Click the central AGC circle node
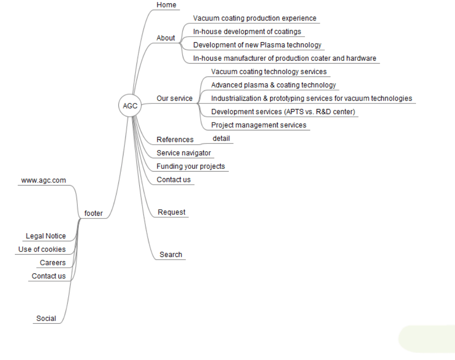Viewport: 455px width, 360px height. click(x=130, y=106)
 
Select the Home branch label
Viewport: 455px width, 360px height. click(x=166, y=5)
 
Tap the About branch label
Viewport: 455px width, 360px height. click(x=166, y=38)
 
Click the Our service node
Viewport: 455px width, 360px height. click(x=175, y=98)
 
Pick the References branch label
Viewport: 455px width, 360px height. click(x=175, y=140)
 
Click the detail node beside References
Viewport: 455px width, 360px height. click(x=221, y=139)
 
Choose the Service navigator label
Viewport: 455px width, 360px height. click(x=184, y=153)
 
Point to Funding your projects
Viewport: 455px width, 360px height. click(x=191, y=167)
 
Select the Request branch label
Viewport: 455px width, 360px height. click(x=171, y=212)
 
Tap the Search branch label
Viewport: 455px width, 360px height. click(x=171, y=255)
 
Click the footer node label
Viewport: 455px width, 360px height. click(x=93, y=213)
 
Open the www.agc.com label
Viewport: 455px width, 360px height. click(x=44, y=180)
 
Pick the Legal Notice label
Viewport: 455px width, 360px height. click(x=46, y=236)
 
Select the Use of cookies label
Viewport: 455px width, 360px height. click(x=42, y=249)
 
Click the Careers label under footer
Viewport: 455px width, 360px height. click(x=53, y=263)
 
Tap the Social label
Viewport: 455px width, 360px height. click(x=46, y=319)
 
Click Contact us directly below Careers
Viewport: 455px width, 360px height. click(x=49, y=276)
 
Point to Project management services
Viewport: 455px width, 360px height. click(x=259, y=125)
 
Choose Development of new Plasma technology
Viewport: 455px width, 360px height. click(x=257, y=45)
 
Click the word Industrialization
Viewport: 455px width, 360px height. click(x=236, y=98)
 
